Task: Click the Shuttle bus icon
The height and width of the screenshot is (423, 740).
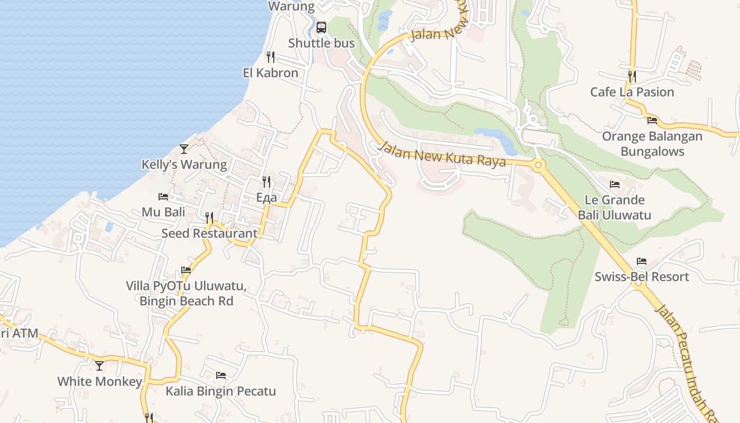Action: click(321, 27)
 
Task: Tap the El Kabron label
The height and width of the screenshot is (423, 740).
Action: click(271, 73)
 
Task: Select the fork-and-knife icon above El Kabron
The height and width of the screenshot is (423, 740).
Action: click(271, 57)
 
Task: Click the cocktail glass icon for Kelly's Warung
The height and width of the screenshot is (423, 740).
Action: click(184, 149)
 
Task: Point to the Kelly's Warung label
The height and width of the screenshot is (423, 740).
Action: click(184, 164)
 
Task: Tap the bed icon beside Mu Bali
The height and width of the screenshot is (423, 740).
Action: click(163, 197)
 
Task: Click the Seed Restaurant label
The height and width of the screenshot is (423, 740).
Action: click(209, 233)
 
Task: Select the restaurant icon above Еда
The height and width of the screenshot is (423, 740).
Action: click(266, 182)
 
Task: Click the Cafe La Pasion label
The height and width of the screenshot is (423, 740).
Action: click(632, 92)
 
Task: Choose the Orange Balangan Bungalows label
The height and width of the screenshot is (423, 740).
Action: click(652, 144)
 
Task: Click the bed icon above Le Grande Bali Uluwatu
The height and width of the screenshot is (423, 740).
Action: click(615, 185)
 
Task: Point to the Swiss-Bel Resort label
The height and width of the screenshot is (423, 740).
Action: click(642, 277)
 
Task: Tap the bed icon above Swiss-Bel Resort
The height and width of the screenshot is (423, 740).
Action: click(642, 261)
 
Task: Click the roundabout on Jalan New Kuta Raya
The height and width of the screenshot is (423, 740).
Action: click(538, 165)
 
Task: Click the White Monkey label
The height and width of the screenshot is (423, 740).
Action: click(99, 381)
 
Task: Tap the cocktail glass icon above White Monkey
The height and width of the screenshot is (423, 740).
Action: click(99, 365)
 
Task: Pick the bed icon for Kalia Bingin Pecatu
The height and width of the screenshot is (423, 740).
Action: click(221, 375)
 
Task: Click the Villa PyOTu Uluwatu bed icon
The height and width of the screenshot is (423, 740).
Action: click(186, 270)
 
